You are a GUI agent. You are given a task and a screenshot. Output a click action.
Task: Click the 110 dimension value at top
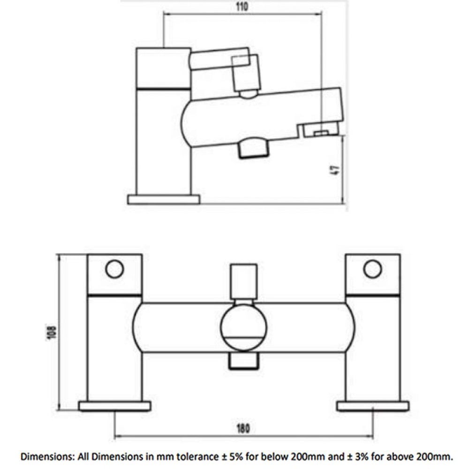[x=242, y=7]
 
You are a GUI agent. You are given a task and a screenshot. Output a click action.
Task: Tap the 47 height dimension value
[x=336, y=170]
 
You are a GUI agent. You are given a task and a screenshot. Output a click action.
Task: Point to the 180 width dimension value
[x=243, y=428]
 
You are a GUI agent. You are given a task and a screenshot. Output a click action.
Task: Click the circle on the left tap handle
[x=114, y=269]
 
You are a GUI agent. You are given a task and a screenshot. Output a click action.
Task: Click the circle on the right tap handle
[x=372, y=269]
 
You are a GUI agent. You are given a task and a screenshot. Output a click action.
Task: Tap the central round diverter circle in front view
[x=243, y=327]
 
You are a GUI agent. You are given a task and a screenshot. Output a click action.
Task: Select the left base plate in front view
[x=115, y=406]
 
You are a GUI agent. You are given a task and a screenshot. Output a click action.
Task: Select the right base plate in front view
[x=373, y=406]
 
